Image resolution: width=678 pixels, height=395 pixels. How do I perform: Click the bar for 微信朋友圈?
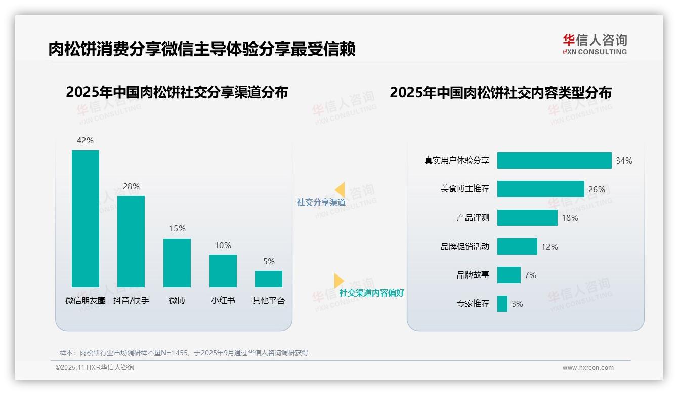85,219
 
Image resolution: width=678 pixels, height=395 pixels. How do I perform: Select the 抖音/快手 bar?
131,242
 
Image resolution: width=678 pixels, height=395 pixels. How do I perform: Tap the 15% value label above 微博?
177,229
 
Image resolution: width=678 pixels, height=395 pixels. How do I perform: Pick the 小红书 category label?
223,300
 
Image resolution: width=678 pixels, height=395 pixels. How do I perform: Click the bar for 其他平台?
269,279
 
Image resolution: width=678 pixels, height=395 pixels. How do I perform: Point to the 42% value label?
85,141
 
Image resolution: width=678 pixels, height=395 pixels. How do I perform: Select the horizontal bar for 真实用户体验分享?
554,161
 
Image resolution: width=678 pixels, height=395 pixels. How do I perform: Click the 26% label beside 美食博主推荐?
597,189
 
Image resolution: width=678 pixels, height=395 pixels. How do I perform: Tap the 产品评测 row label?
473,218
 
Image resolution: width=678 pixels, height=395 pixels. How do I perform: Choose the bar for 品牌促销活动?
517,247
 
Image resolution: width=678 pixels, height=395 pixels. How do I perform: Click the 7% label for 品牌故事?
530,275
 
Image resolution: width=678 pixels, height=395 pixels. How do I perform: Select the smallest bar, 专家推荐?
502,304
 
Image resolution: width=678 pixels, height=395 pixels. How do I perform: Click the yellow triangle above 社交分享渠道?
340,190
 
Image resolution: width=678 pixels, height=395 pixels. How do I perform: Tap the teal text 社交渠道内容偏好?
371,293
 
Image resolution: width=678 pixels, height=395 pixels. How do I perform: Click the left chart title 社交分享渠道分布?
177,92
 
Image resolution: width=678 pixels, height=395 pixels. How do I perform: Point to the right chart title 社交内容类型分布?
500,92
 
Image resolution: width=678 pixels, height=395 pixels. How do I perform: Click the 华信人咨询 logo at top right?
595,45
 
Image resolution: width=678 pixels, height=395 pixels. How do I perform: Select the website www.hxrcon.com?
587,368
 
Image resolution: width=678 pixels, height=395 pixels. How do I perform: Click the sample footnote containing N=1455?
184,353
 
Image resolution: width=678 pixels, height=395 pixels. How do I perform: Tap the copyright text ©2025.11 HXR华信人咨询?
95,368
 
